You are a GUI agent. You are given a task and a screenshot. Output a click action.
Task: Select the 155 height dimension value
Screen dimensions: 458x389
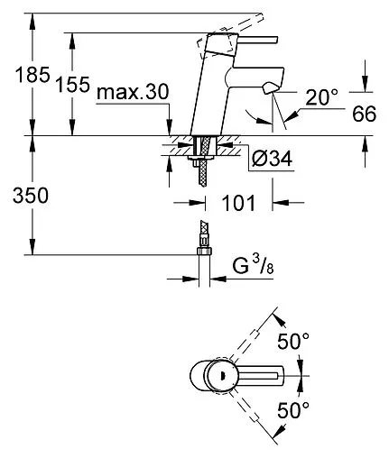click(72, 86)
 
